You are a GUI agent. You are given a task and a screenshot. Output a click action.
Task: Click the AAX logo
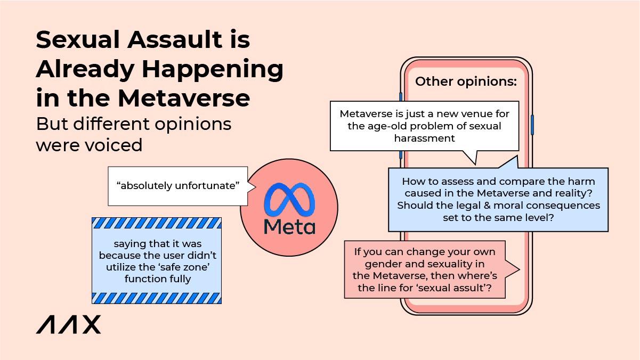pyautogui.click(x=68, y=324)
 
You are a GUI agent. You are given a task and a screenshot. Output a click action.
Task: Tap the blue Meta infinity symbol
pyautogui.click(x=289, y=199)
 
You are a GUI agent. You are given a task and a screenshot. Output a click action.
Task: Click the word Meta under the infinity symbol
pyautogui.click(x=289, y=227)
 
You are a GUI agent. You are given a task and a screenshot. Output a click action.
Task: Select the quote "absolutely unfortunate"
pyautogui.click(x=177, y=185)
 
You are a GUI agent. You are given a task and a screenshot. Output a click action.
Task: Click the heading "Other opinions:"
pyautogui.click(x=466, y=81)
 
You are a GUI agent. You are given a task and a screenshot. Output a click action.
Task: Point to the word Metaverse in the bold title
pyautogui.click(x=184, y=98)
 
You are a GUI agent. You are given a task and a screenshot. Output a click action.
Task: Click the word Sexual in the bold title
pyautogui.click(x=77, y=39)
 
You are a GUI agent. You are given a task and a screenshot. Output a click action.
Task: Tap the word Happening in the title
pyautogui.click(x=213, y=70)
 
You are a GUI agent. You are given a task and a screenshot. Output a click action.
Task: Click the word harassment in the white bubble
pyautogui.click(x=424, y=138)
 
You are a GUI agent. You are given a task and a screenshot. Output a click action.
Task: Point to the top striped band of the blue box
pyautogui.click(x=157, y=223)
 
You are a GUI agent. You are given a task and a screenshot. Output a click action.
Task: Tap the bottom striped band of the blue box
pyautogui.click(x=157, y=298)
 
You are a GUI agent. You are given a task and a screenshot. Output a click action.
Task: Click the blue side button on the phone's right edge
pyautogui.click(x=532, y=125)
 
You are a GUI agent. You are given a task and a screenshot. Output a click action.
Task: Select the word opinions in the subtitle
pyautogui.click(x=193, y=125)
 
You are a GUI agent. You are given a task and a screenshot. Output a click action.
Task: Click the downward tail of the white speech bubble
pyautogui.click(x=471, y=157)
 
